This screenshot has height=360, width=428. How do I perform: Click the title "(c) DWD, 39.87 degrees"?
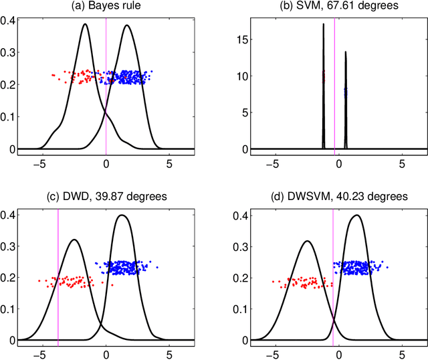(x=106, y=197)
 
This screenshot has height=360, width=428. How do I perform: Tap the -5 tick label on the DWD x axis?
(x=41, y=353)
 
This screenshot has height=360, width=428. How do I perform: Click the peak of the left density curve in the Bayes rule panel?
(x=85, y=25)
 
